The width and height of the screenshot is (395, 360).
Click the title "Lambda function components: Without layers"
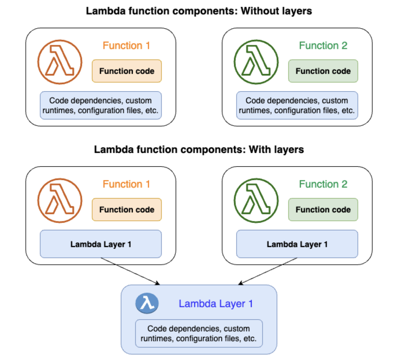pos(199,11)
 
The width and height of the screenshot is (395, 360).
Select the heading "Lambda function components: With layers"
pos(199,149)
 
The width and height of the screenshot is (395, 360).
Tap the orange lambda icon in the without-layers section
pos(60,62)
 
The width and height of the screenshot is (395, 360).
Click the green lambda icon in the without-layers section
pos(256,62)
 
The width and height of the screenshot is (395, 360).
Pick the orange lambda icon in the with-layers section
pos(60,201)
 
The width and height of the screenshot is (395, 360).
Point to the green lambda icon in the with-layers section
pos(256,201)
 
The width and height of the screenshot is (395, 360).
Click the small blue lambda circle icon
pos(147,303)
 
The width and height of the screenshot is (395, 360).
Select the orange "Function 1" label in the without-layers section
pos(126,45)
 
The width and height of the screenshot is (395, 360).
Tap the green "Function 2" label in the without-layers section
pos(323,45)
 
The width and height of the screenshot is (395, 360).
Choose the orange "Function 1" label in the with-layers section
pos(126,184)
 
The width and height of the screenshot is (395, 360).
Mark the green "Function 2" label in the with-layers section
pos(323,184)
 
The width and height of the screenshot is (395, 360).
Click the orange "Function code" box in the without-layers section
pos(127,71)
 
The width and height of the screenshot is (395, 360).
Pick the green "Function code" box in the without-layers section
pos(323,71)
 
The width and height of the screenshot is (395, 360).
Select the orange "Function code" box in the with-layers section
pos(127,209)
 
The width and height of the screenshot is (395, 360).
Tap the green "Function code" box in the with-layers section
pos(323,209)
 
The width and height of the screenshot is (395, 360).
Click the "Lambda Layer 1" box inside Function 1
pos(101,244)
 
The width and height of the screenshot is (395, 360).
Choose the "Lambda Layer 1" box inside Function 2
pos(297,244)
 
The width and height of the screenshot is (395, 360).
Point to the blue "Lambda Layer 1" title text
pos(216,304)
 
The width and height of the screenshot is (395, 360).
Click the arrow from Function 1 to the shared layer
pos(130,271)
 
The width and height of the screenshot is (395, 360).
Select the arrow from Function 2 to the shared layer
pos(268,271)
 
